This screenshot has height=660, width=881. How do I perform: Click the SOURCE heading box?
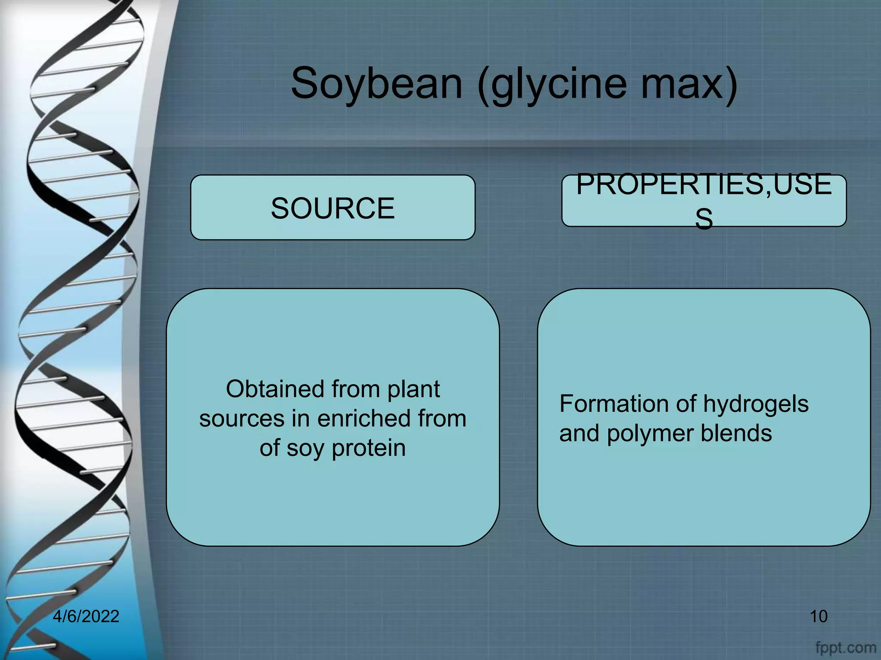click(333, 208)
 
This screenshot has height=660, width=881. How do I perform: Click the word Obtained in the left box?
click(275, 389)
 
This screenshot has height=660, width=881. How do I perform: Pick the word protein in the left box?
click(369, 449)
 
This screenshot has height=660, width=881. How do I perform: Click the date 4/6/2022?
click(86, 616)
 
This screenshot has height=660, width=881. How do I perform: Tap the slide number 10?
click(818, 616)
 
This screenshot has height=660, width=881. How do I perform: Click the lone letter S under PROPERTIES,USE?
click(704, 218)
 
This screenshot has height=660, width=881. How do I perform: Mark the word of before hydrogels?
click(685, 404)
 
